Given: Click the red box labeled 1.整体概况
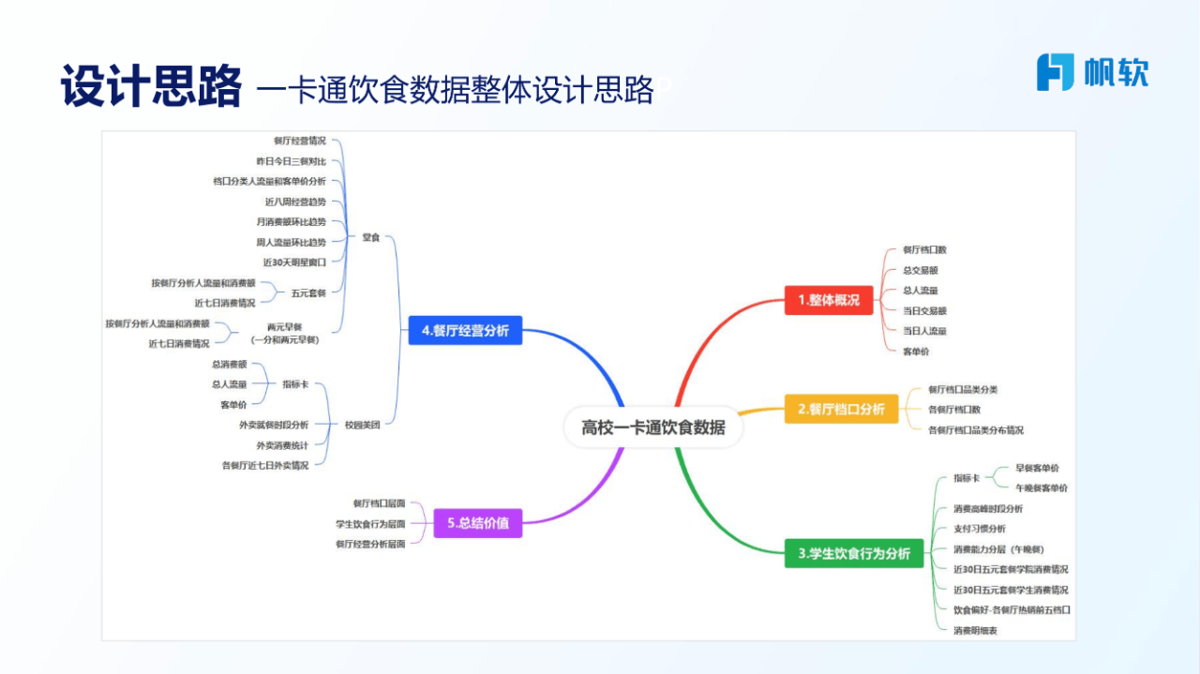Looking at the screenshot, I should click(829, 300).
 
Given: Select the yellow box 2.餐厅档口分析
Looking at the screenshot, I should click(841, 409).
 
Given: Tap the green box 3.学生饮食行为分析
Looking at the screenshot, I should click(854, 553).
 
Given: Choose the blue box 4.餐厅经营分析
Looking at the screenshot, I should click(465, 330).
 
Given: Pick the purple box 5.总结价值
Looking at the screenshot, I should click(477, 523).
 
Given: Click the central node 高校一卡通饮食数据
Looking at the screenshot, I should click(652, 427).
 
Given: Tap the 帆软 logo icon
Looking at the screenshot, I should click(1055, 72).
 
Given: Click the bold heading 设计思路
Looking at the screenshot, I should click(150, 86).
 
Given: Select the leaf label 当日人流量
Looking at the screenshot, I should click(923, 331).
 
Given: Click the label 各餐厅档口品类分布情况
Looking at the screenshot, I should click(975, 430).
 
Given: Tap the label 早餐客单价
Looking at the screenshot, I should click(1037, 468).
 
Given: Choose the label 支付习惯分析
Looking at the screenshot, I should click(979, 529).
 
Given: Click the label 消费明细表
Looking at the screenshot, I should click(975, 631).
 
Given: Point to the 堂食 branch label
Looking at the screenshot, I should click(370, 237).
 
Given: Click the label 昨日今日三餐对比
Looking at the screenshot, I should click(291, 161).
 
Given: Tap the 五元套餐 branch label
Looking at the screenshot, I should click(308, 292).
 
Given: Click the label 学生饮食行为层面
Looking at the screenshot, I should click(370, 524).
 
